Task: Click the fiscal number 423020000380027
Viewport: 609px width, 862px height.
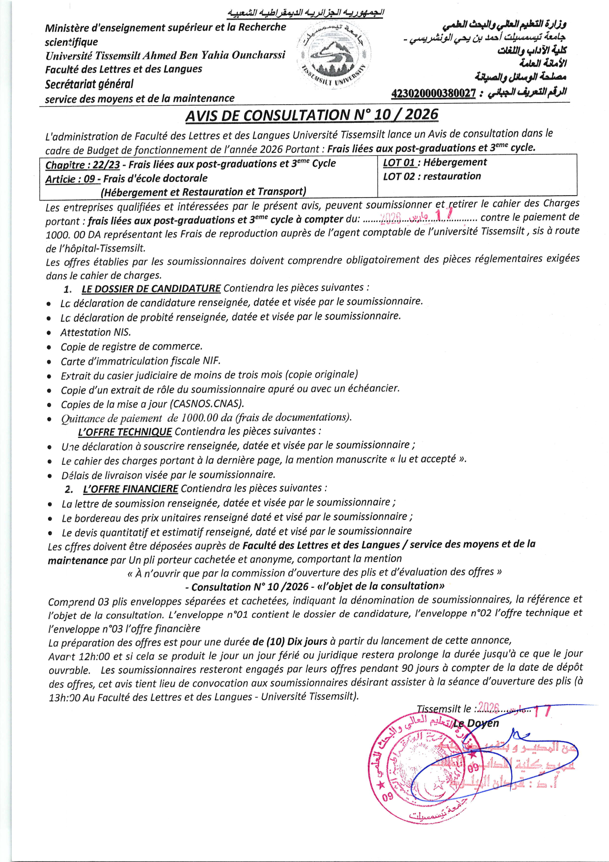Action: (x=433, y=93)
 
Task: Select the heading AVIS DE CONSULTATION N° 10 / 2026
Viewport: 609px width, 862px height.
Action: (x=311, y=115)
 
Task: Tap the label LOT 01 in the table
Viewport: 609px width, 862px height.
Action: (x=399, y=163)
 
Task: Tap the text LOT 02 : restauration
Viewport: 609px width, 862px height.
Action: (x=432, y=176)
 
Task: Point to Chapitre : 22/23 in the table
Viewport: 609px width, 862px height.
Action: (x=83, y=165)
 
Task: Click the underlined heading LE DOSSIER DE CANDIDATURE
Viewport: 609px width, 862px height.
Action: (x=151, y=288)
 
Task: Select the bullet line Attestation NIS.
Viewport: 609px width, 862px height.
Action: (x=95, y=333)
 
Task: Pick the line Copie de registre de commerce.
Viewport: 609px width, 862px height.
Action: (x=131, y=346)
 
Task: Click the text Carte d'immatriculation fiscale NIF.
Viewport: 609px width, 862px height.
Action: (x=140, y=361)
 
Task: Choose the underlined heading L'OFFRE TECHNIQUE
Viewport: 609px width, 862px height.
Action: (x=125, y=432)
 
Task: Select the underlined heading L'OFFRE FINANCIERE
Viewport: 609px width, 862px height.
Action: (x=130, y=489)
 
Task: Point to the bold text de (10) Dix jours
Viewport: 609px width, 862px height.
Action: (x=290, y=641)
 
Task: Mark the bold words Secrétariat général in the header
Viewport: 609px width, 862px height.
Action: (x=89, y=84)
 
